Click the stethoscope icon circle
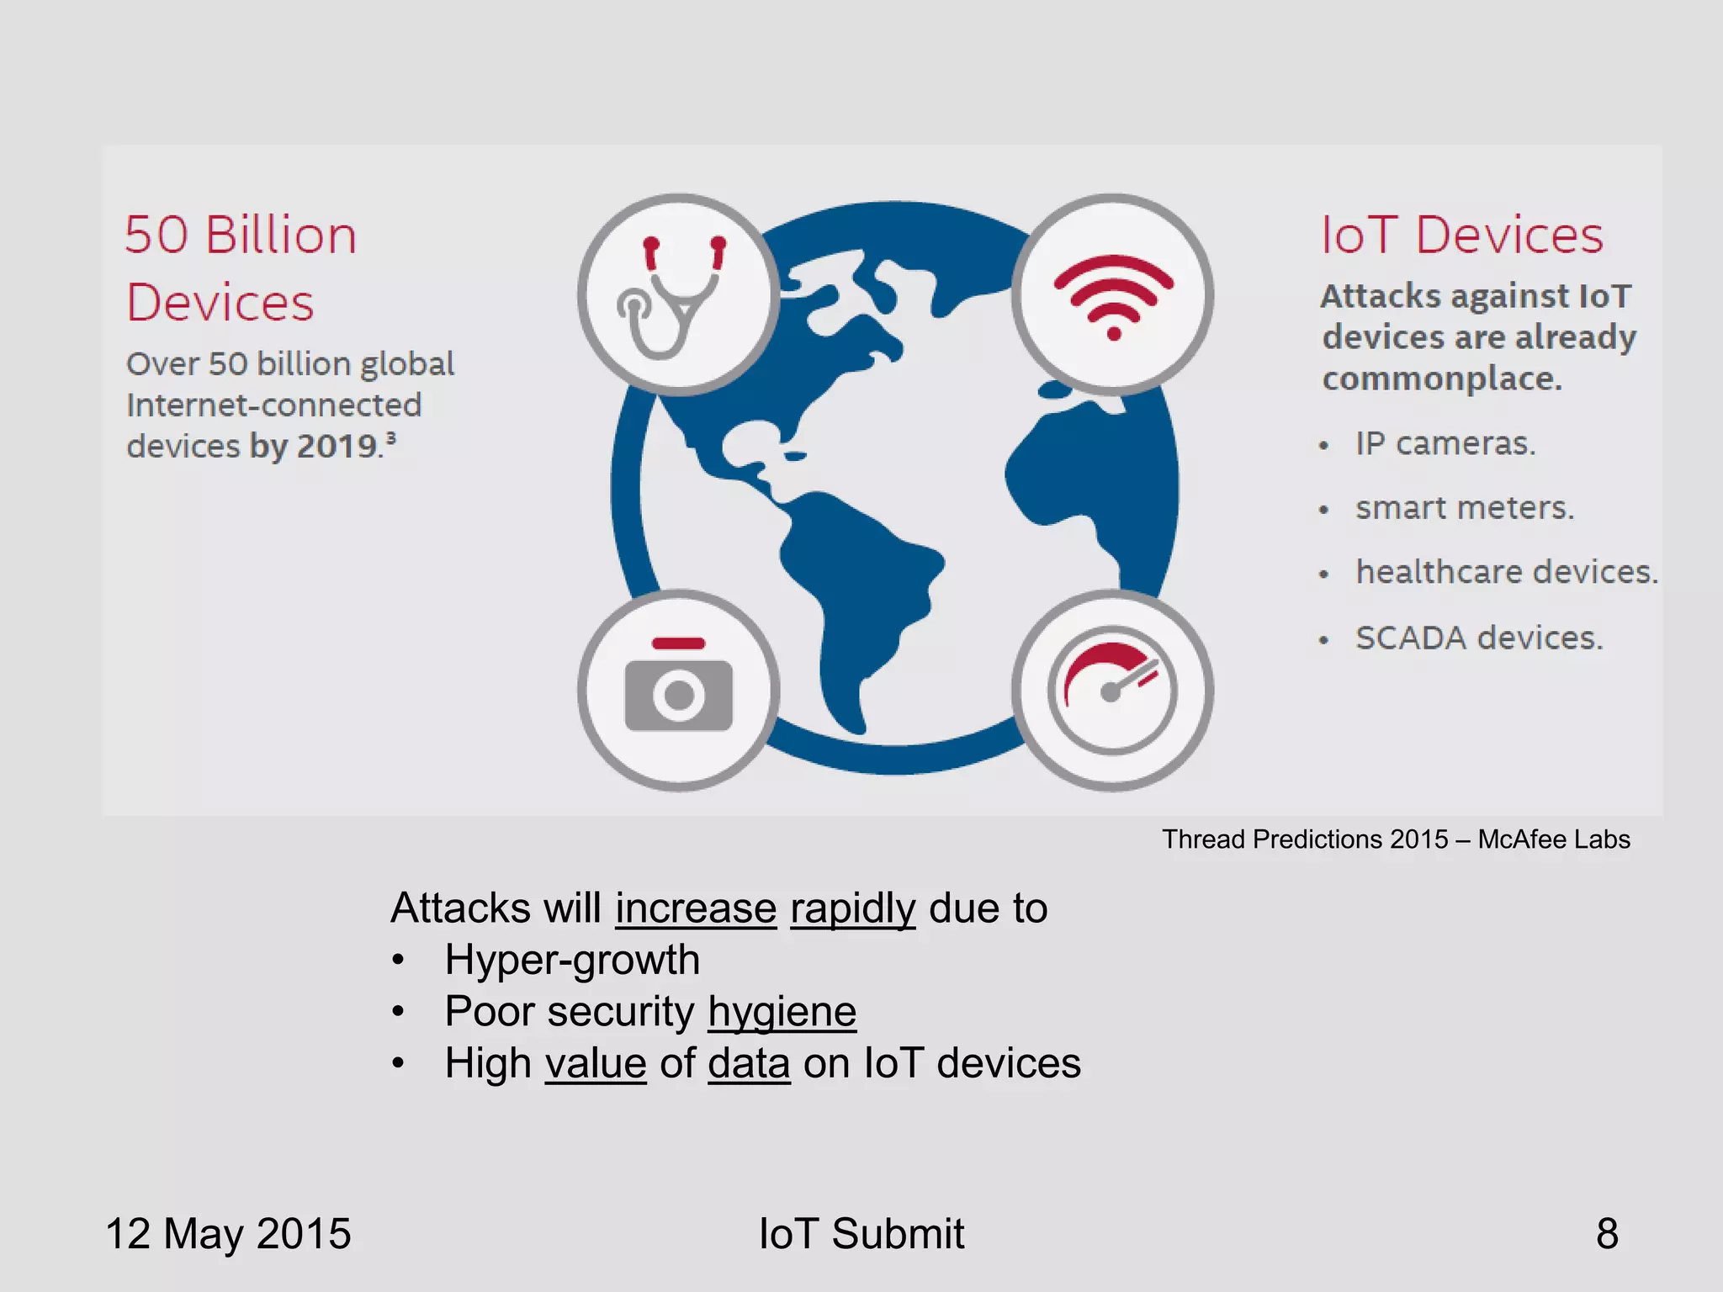(x=678, y=294)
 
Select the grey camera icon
(x=678, y=690)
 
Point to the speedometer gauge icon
(x=1112, y=690)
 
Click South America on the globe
(x=858, y=589)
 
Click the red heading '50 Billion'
(x=241, y=235)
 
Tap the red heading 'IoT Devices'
(x=1462, y=235)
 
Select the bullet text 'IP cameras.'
(x=1445, y=443)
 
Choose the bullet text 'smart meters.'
(x=1464, y=508)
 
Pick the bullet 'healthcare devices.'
(x=1506, y=572)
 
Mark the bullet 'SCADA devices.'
(x=1478, y=638)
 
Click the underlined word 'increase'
(x=696, y=908)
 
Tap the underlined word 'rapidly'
(x=852, y=908)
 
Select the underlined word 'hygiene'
(x=782, y=1011)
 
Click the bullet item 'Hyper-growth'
(x=572, y=960)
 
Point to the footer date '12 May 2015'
(x=228, y=1234)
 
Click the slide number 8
(x=1607, y=1234)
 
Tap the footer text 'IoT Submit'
(x=861, y=1234)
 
